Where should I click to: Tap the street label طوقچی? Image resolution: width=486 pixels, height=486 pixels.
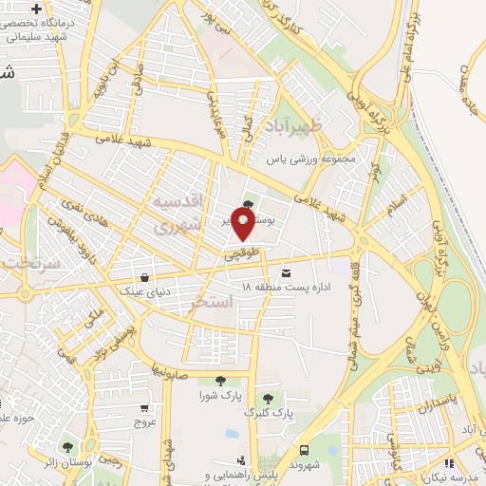pyautogui.click(x=240, y=253)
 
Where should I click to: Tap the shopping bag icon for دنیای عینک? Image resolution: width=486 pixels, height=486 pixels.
pyautogui.click(x=143, y=278)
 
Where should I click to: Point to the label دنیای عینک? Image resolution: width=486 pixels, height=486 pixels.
pyautogui.click(x=143, y=291)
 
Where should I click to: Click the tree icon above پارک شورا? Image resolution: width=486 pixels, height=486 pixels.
pyautogui.click(x=220, y=381)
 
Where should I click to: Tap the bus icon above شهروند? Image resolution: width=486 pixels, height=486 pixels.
pyautogui.click(x=305, y=450)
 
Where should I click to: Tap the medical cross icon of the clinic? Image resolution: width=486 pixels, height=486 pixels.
pyautogui.click(x=35, y=9)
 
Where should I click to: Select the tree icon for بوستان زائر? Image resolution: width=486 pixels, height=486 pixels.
pyautogui.click(x=67, y=445)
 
